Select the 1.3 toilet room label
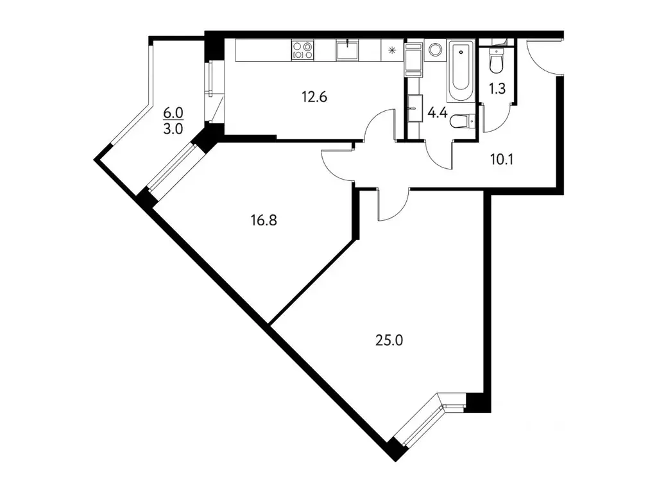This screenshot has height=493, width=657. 497,89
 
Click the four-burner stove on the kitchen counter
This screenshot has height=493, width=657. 302,50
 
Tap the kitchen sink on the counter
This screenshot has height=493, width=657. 348,49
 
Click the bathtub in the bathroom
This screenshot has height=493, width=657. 459,70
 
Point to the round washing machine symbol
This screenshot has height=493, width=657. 436,49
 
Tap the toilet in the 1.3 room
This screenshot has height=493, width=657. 496,60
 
